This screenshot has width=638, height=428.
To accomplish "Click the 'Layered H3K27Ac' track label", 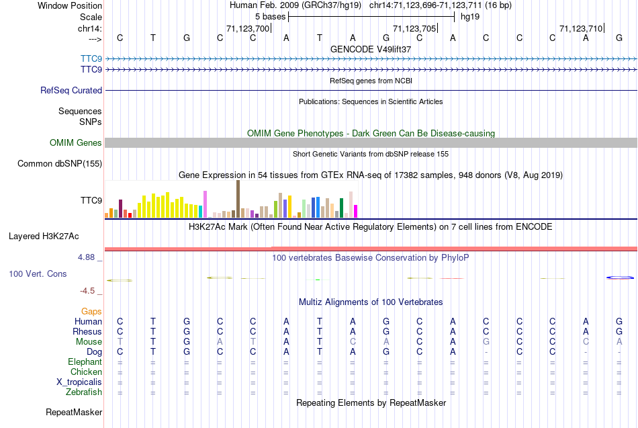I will pyautogui.click(x=44, y=236).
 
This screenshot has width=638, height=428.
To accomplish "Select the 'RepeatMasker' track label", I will pyautogui.click(x=74, y=412).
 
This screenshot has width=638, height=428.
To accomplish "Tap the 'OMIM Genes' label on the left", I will pyautogui.click(x=76, y=142).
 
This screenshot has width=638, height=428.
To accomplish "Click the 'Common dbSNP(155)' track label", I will pyautogui.click(x=60, y=163).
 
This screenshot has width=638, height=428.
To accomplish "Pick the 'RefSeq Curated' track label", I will pyautogui.click(x=71, y=90).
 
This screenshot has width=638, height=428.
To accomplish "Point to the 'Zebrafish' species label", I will pyautogui.click(x=84, y=392).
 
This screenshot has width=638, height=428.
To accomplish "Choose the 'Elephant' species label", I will pyautogui.click(x=85, y=362).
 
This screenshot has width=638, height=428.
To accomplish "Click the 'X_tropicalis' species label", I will pyautogui.click(x=79, y=382).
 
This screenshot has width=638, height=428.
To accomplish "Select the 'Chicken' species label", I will pyautogui.click(x=87, y=372).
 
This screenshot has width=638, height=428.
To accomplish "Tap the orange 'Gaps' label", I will pyautogui.click(x=91, y=312).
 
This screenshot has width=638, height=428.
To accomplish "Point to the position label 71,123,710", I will pyautogui.click(x=581, y=28).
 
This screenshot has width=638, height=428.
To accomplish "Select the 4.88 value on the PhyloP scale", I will pyautogui.click(x=89, y=257).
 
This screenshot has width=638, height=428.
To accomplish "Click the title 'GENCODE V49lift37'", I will pyautogui.click(x=371, y=49).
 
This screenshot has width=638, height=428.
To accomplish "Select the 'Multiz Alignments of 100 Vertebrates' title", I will pyautogui.click(x=371, y=302).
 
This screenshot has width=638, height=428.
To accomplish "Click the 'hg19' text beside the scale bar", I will pyautogui.click(x=469, y=16).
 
